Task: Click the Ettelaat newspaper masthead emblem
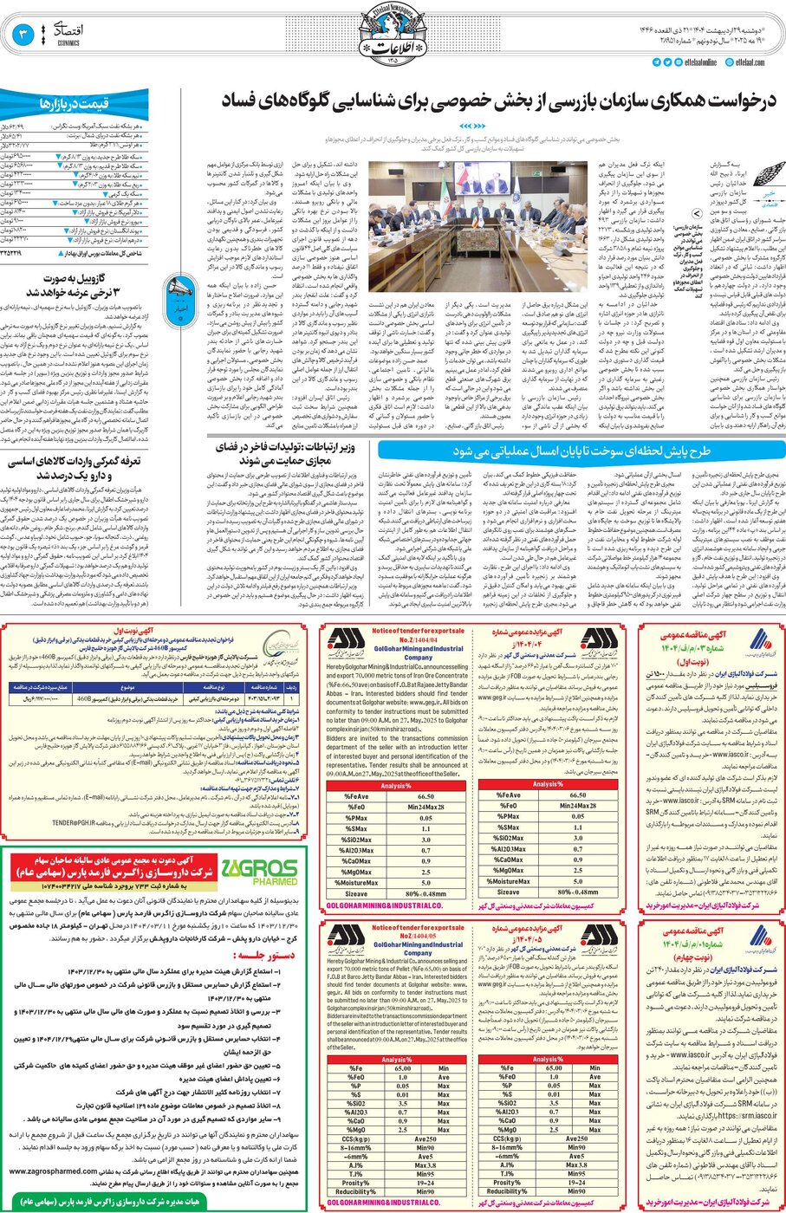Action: point(393,35)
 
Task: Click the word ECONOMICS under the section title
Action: point(69,42)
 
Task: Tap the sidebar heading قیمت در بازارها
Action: point(74,104)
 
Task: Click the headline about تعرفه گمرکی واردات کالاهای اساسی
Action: point(74,468)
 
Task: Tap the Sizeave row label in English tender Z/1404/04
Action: point(356,893)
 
